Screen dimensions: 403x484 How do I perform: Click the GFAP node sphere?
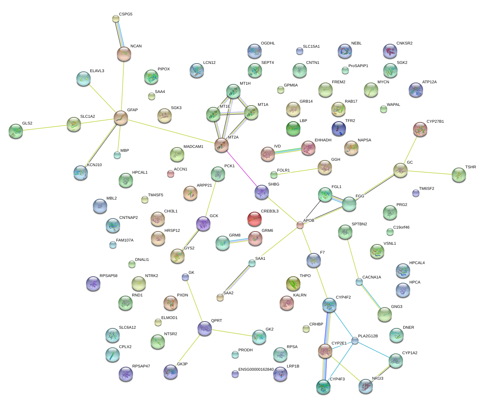click(121, 118)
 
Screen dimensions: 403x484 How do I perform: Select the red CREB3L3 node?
click(255, 219)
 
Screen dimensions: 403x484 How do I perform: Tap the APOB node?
click(300, 225)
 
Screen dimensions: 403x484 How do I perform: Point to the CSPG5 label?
click(125, 14)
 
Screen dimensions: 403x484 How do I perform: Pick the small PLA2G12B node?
click(355, 341)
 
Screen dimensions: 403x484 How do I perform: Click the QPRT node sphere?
click(205, 328)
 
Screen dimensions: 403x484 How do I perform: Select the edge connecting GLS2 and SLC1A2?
click(44, 127)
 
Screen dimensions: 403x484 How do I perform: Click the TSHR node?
click(459, 175)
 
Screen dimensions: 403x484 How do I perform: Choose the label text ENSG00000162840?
click(256, 370)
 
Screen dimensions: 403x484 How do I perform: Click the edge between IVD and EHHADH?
click(288, 151)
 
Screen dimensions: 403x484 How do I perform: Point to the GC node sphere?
click(400, 170)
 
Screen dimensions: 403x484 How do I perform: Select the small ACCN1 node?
click(171, 174)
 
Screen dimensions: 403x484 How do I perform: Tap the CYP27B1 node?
click(420, 130)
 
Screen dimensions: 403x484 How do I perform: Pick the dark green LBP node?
click(293, 128)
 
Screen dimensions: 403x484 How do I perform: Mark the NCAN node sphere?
click(124, 54)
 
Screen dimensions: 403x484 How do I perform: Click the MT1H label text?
click(245, 84)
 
